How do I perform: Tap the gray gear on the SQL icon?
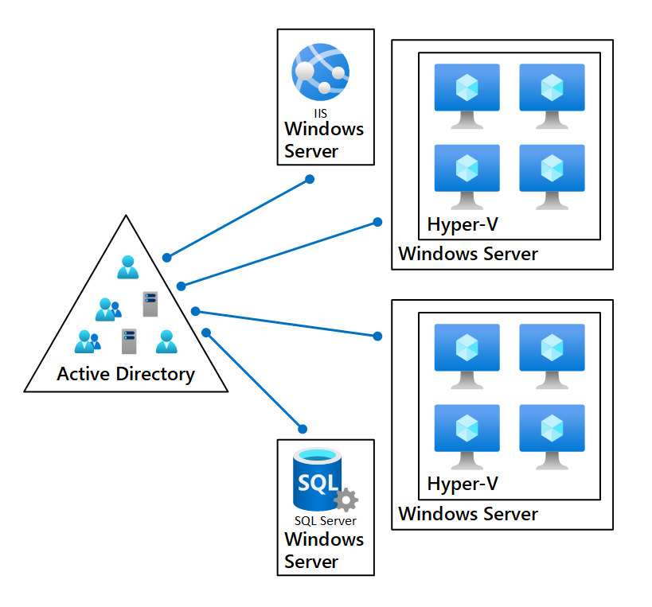point(346,500)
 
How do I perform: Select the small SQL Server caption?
point(325,521)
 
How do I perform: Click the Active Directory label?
point(126,374)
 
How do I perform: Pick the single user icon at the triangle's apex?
point(127,267)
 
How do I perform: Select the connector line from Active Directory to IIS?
point(239,218)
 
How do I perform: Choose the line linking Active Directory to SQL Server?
point(253,379)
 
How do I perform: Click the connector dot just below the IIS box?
point(310,179)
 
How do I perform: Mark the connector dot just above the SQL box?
point(302,426)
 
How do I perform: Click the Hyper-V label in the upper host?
point(463,224)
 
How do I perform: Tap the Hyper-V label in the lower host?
point(463,484)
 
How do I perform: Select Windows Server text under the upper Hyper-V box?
point(468,255)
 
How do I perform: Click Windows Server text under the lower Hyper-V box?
point(468,514)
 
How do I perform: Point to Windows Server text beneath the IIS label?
point(324,140)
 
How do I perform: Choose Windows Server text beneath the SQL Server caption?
point(324,551)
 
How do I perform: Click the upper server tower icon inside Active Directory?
point(150,304)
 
